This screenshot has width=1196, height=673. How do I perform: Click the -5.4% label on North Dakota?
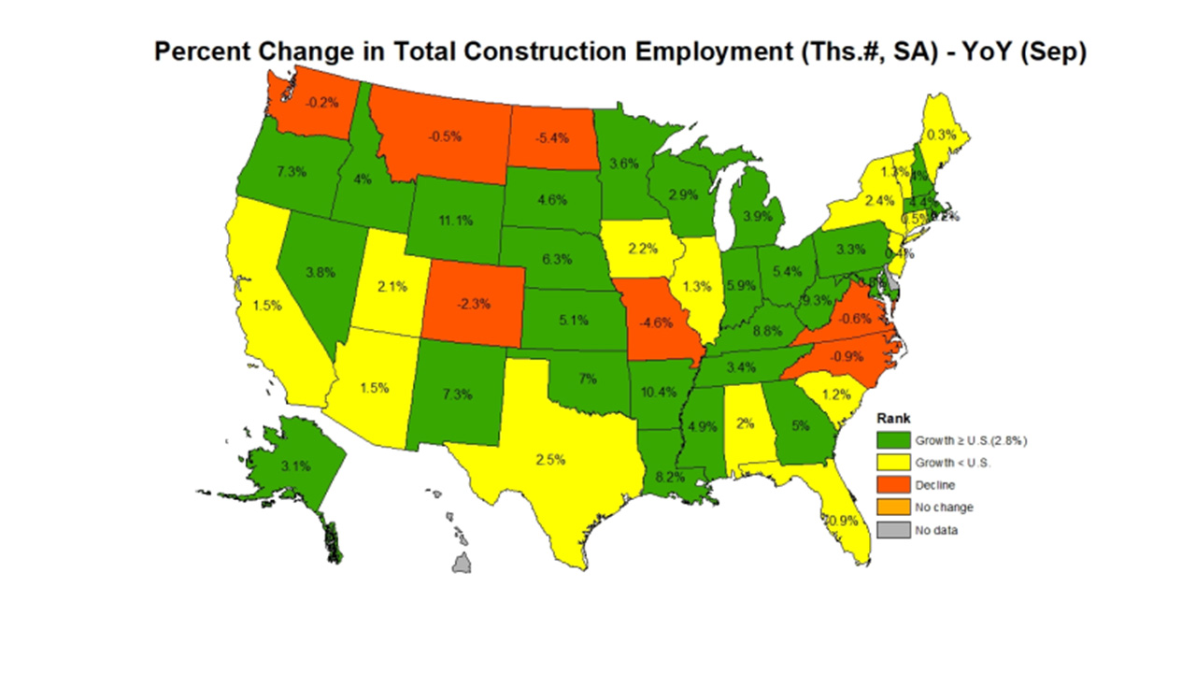[550, 137]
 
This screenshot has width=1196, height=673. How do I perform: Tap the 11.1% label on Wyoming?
[455, 221]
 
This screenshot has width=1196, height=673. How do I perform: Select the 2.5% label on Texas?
[550, 459]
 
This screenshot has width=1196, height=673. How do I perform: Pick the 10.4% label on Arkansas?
[659, 392]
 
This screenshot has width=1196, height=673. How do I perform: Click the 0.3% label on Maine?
[942, 135]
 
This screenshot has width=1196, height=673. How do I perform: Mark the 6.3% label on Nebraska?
[556, 259]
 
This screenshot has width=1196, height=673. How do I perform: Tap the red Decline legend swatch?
[891, 484]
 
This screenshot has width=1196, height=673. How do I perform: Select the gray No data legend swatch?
[891, 530]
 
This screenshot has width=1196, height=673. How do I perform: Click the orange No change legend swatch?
[891, 508]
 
